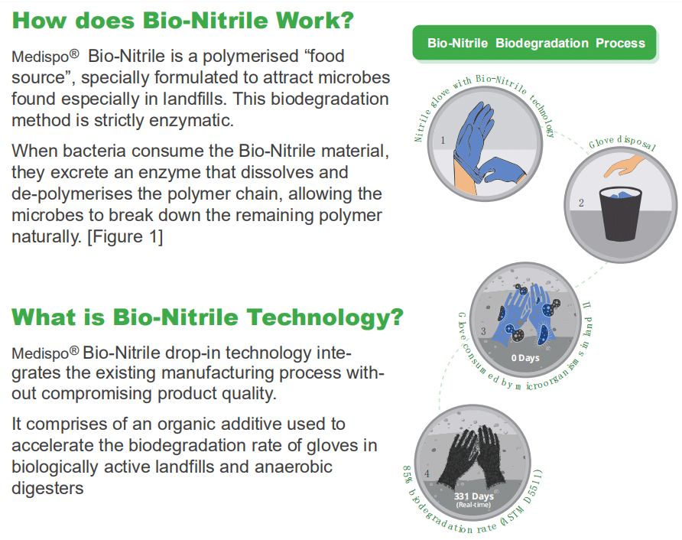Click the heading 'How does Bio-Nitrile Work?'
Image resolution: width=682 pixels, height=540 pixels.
tap(183, 21)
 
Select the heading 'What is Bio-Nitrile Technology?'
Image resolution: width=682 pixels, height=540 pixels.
tap(207, 317)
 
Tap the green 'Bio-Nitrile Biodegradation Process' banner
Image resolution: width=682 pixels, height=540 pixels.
tap(534, 43)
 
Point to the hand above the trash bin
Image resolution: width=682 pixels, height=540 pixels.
tap(624, 166)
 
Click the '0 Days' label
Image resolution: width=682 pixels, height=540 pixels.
tap(525, 358)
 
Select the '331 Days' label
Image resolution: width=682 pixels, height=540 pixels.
tap(474, 496)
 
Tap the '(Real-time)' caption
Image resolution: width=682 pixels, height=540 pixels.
tap(473, 505)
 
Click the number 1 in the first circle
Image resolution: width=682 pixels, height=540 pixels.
tap(443, 140)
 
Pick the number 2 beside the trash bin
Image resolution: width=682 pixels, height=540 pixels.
tap(581, 203)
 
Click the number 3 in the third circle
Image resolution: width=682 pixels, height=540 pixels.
tap(483, 331)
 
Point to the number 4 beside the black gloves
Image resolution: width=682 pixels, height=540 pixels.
tap(427, 473)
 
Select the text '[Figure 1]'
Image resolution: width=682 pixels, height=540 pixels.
tap(125, 236)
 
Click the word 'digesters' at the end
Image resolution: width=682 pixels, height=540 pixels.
tap(47, 488)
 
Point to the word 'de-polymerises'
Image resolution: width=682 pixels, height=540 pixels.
tap(72, 194)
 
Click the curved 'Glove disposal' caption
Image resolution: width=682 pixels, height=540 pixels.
tap(622, 143)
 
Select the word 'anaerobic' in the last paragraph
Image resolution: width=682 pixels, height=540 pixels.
tap(294, 467)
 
